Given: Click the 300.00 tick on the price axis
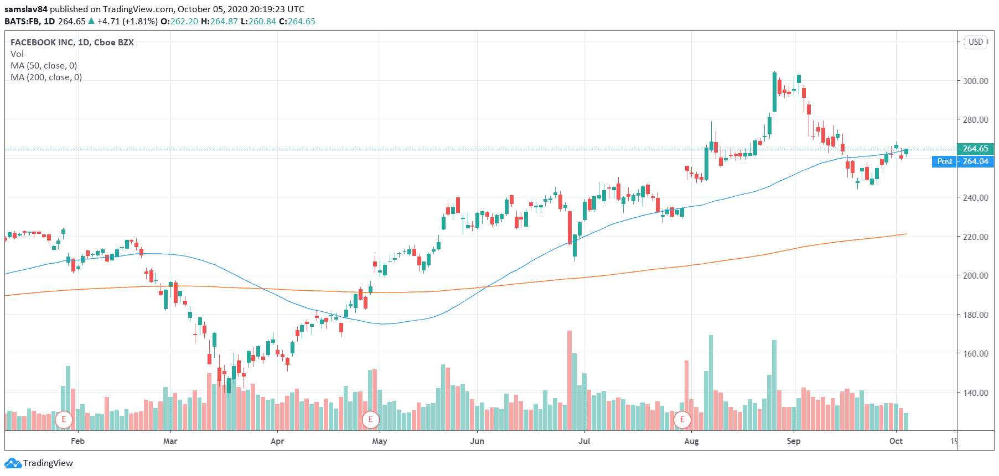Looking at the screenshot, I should (x=975, y=81).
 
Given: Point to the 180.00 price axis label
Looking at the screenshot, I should (x=975, y=315).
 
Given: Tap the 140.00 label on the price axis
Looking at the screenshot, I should (x=975, y=393).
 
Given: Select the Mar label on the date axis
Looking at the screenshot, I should (x=170, y=441).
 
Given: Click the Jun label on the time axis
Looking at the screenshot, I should (x=477, y=441).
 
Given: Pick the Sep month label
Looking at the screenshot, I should (x=794, y=441).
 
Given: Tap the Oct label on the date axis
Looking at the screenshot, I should (x=896, y=441).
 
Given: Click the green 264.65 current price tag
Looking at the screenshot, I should (x=975, y=149).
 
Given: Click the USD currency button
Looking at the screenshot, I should (x=976, y=42).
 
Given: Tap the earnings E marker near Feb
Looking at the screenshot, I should (x=64, y=420).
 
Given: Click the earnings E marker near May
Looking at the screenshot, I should (x=370, y=420).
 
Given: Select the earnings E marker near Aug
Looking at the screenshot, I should (x=682, y=420).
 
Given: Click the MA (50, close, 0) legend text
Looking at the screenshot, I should (x=44, y=65).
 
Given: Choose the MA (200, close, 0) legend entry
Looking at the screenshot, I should (x=46, y=77).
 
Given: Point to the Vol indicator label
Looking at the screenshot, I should (x=17, y=54).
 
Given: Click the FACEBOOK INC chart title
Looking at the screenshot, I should (x=72, y=42).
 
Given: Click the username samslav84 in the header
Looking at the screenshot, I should (x=26, y=9).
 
